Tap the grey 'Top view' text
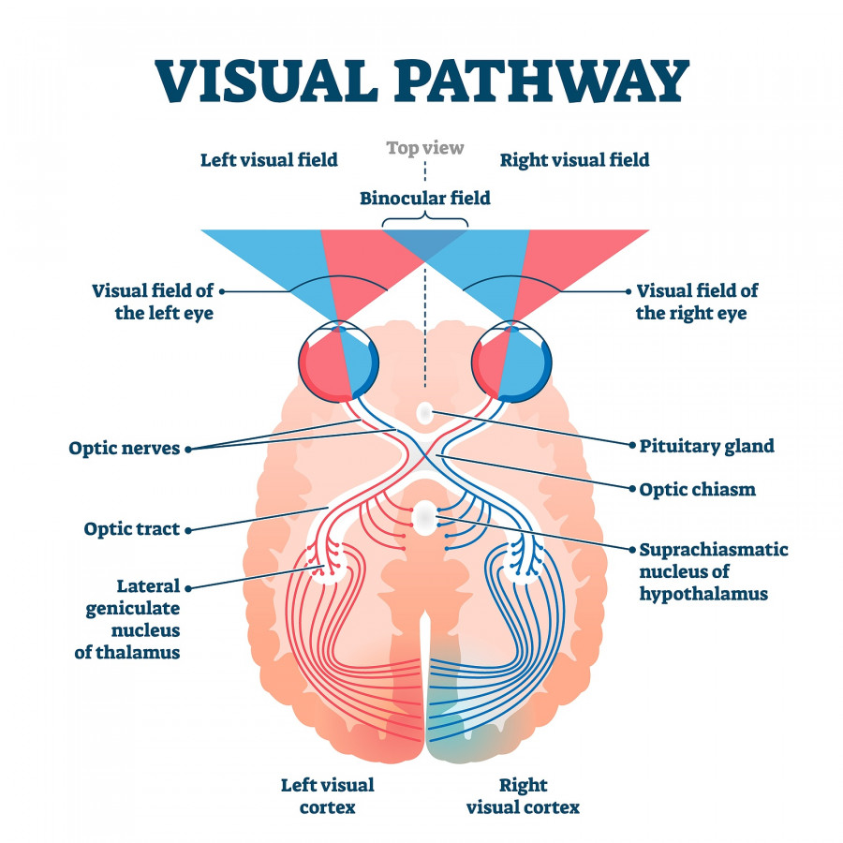pos(425,148)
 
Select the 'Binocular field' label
pos(425,198)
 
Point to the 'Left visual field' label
pos(269,160)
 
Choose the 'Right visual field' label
pos(574,160)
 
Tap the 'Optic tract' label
pos(131,529)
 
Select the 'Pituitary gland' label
pos(706,446)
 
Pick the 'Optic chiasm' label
pos(697,489)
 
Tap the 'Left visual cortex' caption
pos(328,795)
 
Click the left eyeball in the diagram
pos(337,361)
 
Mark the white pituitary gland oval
pos(424,411)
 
